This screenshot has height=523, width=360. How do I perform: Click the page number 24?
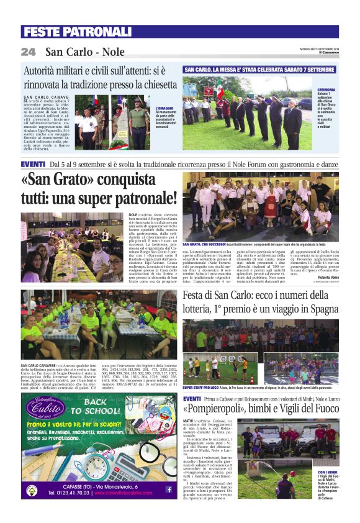pos(28,51)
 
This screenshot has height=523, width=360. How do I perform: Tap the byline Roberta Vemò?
pos(324,277)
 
